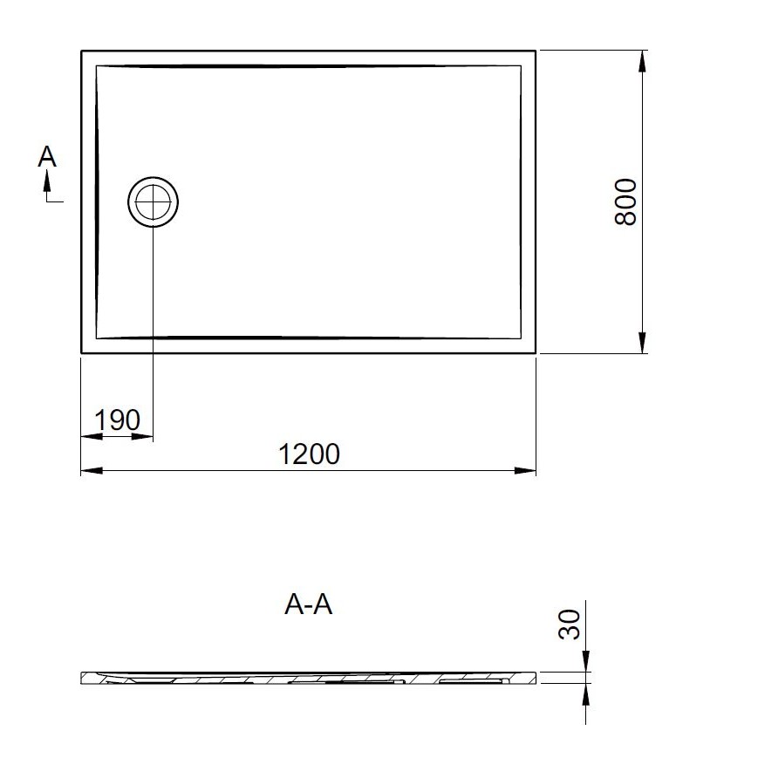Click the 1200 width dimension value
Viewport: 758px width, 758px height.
coord(310,454)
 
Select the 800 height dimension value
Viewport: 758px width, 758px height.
coord(625,201)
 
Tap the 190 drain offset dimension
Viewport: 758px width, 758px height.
coord(118,420)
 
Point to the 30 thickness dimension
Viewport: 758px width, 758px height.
coord(569,625)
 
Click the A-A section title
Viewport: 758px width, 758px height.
coord(309,604)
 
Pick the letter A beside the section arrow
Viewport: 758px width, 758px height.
coord(47,157)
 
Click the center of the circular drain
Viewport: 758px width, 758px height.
coord(154,201)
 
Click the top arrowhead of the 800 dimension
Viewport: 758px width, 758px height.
coord(642,61)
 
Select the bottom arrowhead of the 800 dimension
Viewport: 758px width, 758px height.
coord(642,343)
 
